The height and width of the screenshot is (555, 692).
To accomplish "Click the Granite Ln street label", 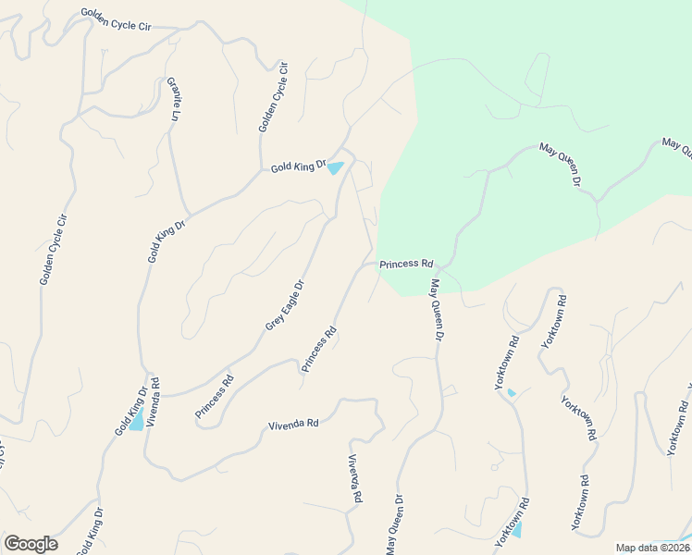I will click(x=173, y=99).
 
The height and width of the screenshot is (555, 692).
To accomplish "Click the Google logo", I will click(x=31, y=544).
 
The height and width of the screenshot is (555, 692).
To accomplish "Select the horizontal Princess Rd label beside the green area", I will click(x=405, y=264).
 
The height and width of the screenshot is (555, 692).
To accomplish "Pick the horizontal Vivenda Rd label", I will click(x=293, y=424).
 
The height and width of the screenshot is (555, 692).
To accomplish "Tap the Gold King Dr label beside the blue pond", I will click(x=299, y=166).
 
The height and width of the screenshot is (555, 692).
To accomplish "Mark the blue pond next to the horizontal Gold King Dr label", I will click(x=335, y=168).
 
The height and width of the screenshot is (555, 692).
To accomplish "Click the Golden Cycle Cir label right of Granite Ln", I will click(x=274, y=96).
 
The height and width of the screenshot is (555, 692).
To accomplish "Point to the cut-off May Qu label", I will click(x=676, y=148).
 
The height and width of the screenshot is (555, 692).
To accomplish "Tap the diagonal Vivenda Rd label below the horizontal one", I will click(x=354, y=479).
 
